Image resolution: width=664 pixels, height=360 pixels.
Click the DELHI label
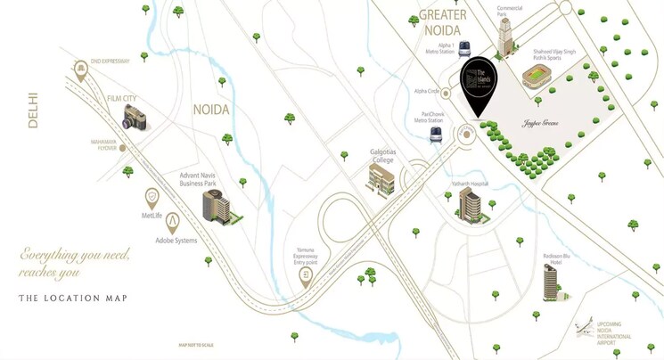tap(33, 110)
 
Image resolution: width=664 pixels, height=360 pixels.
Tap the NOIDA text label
tap(211, 110)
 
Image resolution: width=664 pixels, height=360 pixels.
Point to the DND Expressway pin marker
tap(83, 70)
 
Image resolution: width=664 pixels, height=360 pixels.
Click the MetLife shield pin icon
tap(152, 197)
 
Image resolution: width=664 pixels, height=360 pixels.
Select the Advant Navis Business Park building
tap(217, 206)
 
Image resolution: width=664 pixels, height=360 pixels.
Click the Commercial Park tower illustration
tap(507, 37)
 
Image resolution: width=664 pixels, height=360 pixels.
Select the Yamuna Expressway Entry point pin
tap(307, 276)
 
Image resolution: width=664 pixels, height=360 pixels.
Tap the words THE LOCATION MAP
tap(73, 298)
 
